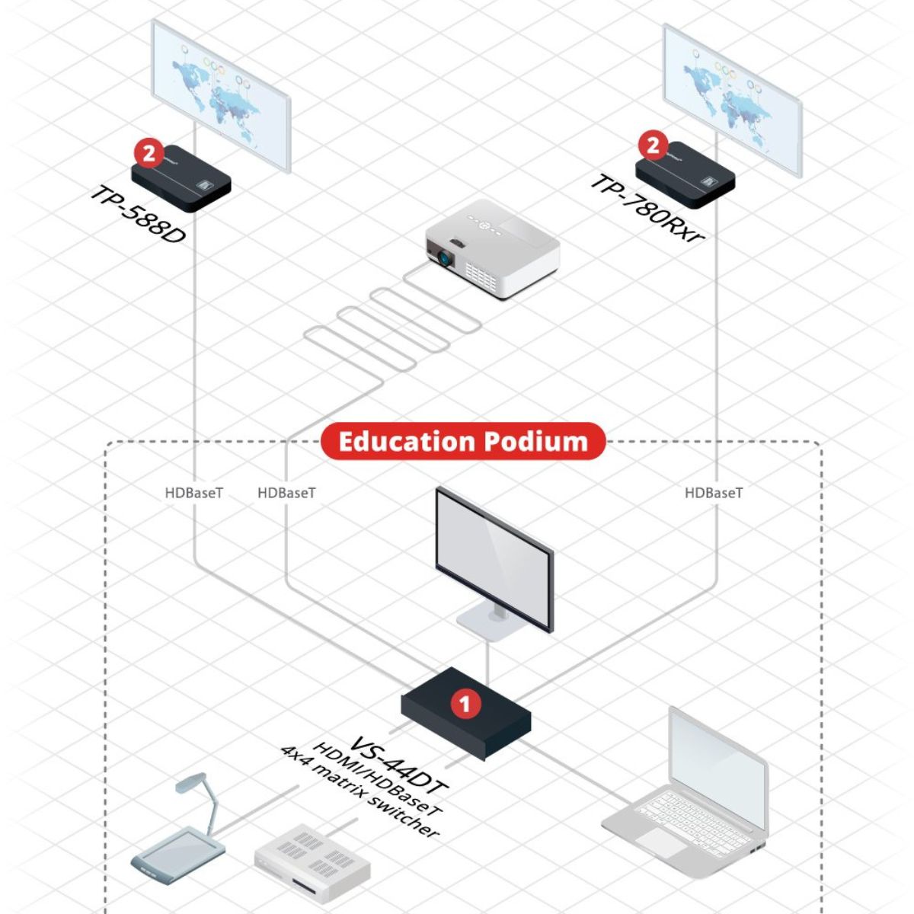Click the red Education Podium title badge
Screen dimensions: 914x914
point(463,442)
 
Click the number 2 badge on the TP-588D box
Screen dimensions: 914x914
point(149,153)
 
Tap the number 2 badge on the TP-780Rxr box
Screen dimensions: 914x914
point(653,145)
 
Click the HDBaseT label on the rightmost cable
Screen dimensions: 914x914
point(714,493)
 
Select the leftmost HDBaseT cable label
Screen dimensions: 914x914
point(194,493)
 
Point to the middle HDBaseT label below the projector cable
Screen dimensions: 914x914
point(286,493)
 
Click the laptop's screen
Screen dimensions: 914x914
point(716,769)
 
